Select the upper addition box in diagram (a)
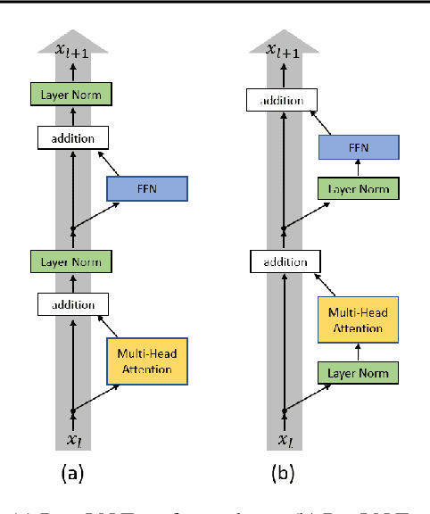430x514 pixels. click(72, 138)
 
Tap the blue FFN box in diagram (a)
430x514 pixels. click(146, 188)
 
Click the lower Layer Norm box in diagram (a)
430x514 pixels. click(72, 261)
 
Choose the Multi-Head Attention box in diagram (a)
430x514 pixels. click(146, 361)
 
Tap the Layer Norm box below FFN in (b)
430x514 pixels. click(357, 189)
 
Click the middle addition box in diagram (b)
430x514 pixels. click(283, 262)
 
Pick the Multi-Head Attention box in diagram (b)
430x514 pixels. click(357, 320)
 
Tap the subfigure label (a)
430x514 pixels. click(72, 476)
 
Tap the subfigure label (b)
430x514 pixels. click(284, 476)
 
